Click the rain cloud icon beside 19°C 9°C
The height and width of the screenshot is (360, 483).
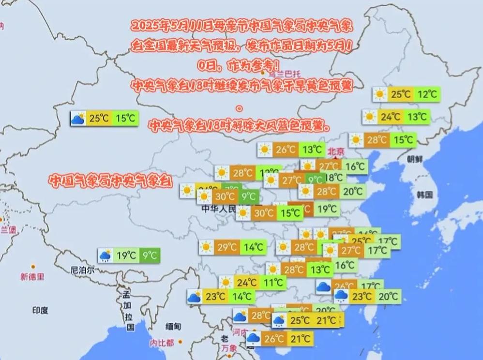pos(106,255)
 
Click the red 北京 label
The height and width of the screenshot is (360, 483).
pos(335,151)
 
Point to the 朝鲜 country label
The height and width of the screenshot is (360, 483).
pos(414,159)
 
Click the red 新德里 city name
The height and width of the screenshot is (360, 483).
pos(32,277)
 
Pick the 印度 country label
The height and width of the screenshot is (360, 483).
pos(40,310)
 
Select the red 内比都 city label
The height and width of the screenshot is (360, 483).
pos(161,343)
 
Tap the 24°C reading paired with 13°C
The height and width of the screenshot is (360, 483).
pos(390,117)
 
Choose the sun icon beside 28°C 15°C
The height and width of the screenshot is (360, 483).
pos(357,140)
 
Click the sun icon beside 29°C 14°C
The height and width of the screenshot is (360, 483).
pos(207,248)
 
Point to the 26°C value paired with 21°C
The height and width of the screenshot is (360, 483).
pos(274,339)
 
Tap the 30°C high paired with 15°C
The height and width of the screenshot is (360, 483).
pos(264,213)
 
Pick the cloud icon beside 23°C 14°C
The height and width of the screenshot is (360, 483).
pos(195,297)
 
